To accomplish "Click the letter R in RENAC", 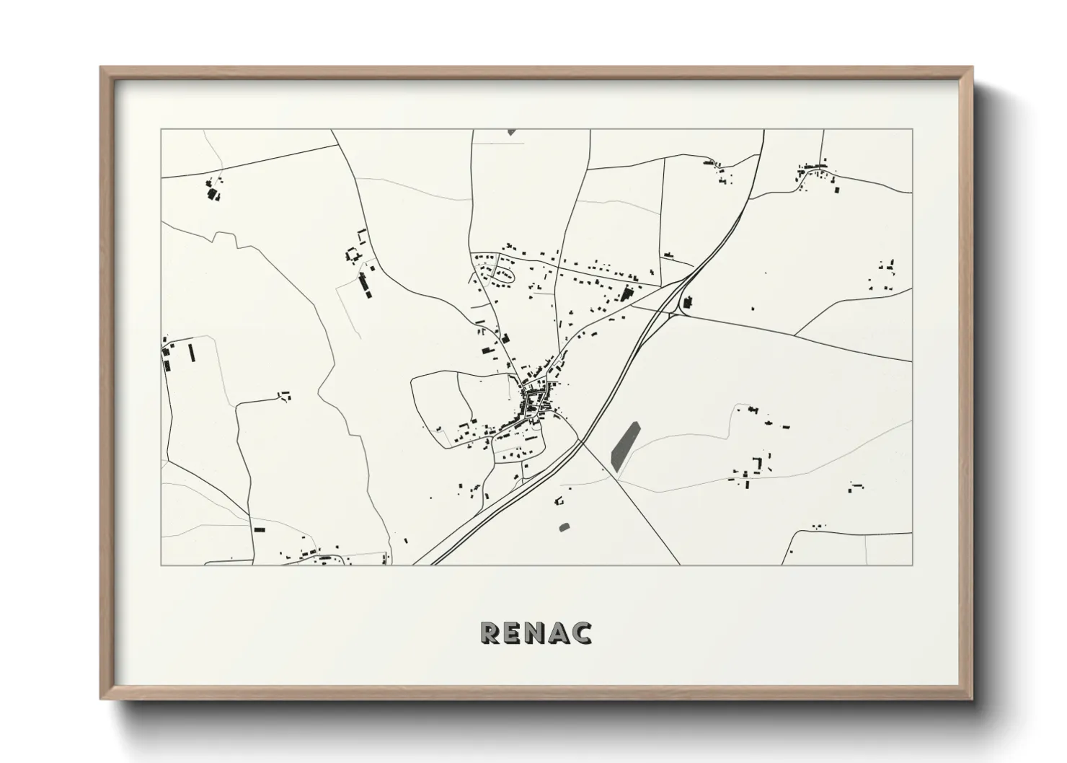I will pos(490,632).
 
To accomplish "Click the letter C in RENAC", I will pos(582,632).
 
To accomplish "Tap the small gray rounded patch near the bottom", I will pos(564,526).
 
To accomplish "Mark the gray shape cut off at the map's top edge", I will pos(511,132).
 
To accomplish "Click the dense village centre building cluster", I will pos(537,402).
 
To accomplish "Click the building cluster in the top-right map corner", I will pos(815,173).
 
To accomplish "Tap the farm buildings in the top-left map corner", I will pos(213,191).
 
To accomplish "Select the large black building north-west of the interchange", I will pos(626,294).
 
